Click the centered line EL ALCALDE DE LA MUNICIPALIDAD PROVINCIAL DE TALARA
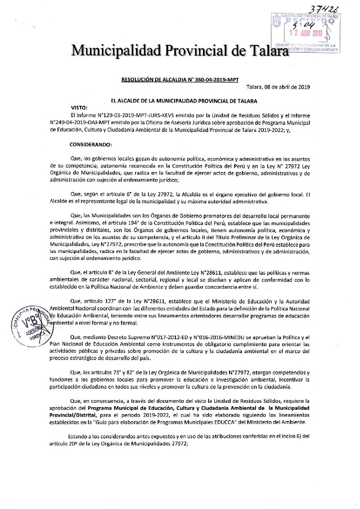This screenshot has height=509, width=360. pyautogui.click(x=184, y=101)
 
